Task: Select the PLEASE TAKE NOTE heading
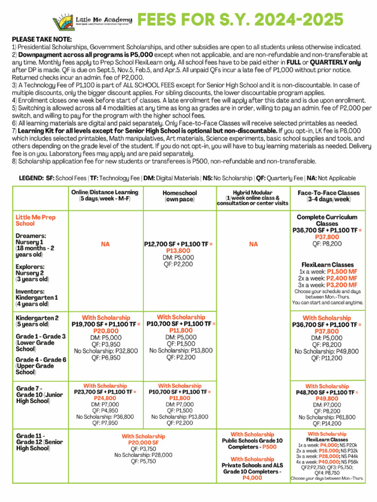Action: tap(42, 39)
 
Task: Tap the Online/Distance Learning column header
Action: tap(105, 196)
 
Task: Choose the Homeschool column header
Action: tap(180, 196)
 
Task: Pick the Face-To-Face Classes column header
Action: tap(328, 196)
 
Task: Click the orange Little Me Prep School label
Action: tap(35, 220)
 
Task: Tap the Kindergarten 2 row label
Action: tap(37, 321)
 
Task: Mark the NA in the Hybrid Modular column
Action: tap(253, 243)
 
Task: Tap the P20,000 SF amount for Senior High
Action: tap(143, 442)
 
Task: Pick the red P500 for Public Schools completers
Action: tap(269, 447)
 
